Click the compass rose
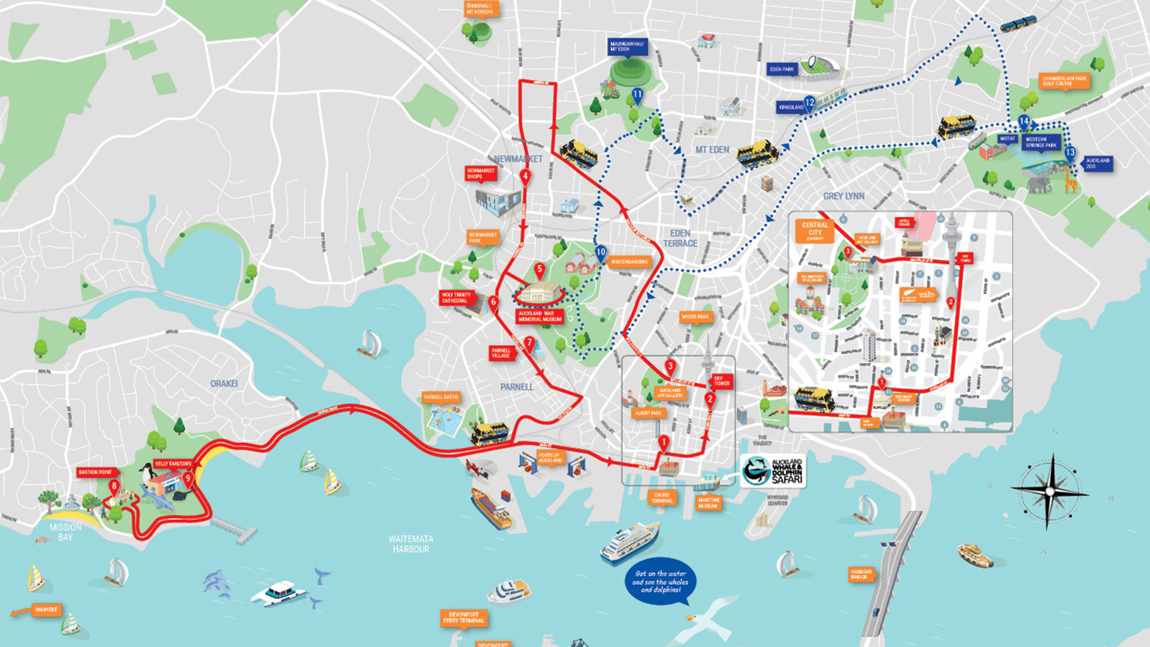pos(1050,492)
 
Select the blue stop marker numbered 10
pos(601,253)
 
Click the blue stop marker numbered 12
pos(809,103)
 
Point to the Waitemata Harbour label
pos(411,544)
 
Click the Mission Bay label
pos(65,532)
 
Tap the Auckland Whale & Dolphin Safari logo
pos(773,471)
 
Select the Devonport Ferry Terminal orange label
pos(464,618)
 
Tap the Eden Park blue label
pos(782,69)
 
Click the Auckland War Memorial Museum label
pos(540,316)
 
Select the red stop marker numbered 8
pos(114,486)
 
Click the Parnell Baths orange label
pos(441,397)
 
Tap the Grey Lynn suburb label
pos(843,196)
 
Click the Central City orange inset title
pos(815,231)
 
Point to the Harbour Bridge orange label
pos(861,574)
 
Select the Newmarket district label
pos(518,159)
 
